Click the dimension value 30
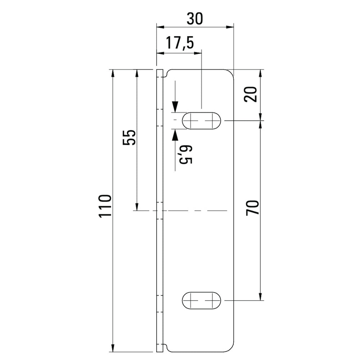195,18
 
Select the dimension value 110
105,206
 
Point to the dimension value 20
252,95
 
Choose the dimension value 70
252,208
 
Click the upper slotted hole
202,121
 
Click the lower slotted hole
202,300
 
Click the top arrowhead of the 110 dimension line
113,73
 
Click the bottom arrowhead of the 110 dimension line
113,348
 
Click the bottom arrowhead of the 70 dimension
260,296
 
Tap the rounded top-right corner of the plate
230,72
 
